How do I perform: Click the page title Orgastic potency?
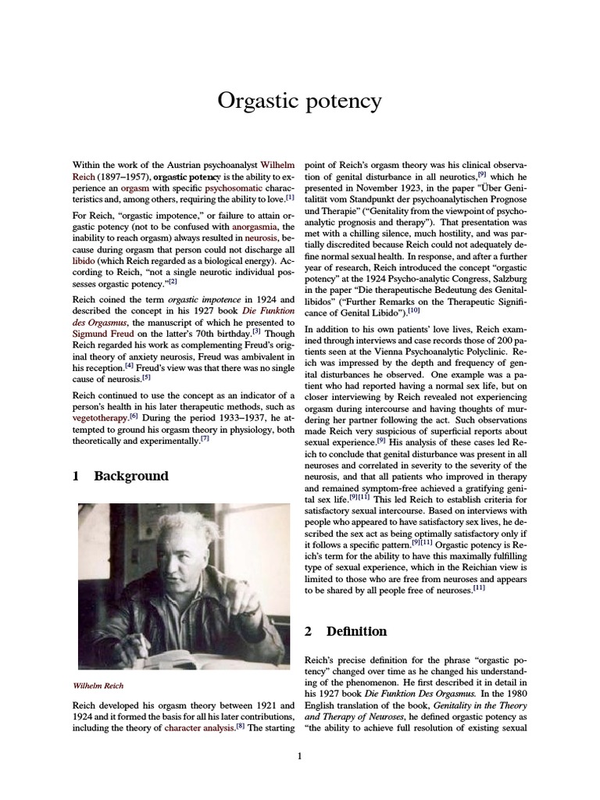tap(299, 102)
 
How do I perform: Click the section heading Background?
tap(130, 476)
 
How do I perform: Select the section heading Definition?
tap(356, 630)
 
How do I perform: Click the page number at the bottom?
tap(299, 755)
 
